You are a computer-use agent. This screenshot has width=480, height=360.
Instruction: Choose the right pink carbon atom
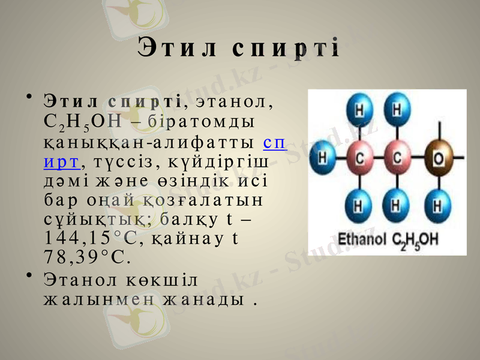(x=397, y=158)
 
